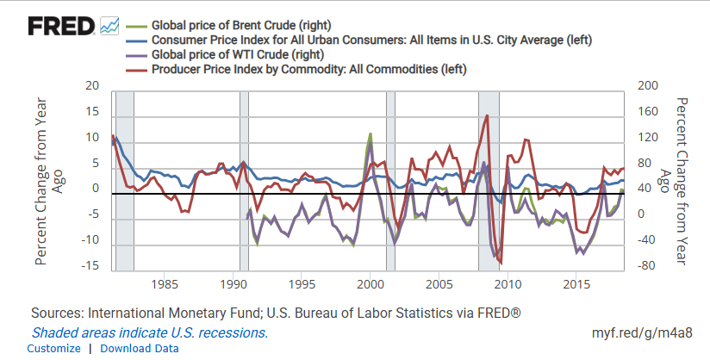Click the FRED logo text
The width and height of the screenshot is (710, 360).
[x=61, y=27]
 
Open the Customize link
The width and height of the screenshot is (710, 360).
[x=53, y=348]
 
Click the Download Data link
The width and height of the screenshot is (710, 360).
[x=140, y=348]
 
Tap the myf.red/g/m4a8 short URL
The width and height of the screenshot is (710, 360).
[x=641, y=332]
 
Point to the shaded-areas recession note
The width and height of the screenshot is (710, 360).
[x=150, y=332]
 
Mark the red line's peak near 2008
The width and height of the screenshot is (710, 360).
[x=488, y=115]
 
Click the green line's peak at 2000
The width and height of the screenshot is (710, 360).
[x=371, y=134]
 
